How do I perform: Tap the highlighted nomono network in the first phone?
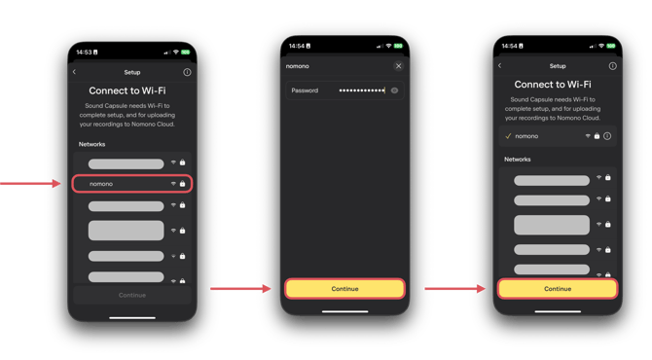pos(132,184)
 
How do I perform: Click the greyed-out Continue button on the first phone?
pos(132,295)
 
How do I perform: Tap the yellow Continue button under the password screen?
pos(344,289)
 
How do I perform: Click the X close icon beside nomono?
pos(398,66)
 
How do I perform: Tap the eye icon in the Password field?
pos(394,90)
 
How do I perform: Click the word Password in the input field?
pos(305,90)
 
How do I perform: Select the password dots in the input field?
pos(362,90)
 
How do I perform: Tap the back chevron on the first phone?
pos(74,72)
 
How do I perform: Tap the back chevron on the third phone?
pos(500,66)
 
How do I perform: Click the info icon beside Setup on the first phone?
pos(187,72)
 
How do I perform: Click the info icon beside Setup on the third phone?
pos(612,66)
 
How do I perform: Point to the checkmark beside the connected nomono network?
pos(508,136)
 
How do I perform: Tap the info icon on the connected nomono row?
pos(607,136)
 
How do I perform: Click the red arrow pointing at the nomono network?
pos(30,183)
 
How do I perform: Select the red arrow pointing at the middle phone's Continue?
pos(240,289)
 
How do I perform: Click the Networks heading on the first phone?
pos(91,144)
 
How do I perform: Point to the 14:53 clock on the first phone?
pos(84,52)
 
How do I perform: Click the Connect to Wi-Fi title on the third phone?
pos(553,85)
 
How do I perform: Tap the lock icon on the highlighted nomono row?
pos(182,183)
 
